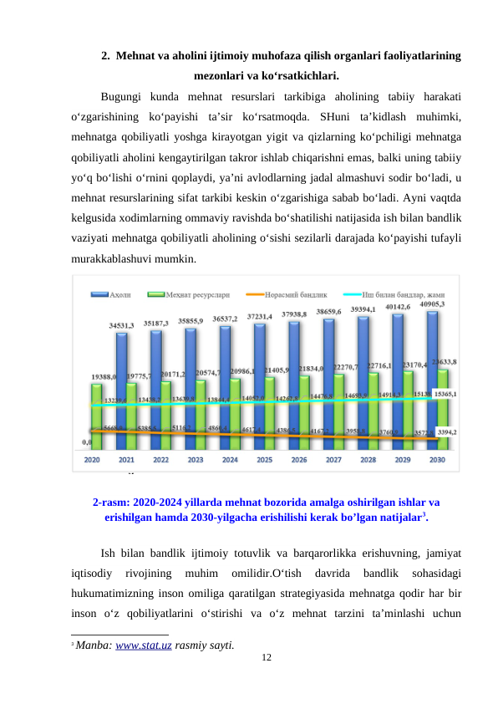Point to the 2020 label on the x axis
(x=92, y=459)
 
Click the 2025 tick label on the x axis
(x=265, y=459)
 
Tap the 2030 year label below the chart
(x=437, y=459)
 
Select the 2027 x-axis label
(x=333, y=459)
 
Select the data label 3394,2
(x=448, y=432)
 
